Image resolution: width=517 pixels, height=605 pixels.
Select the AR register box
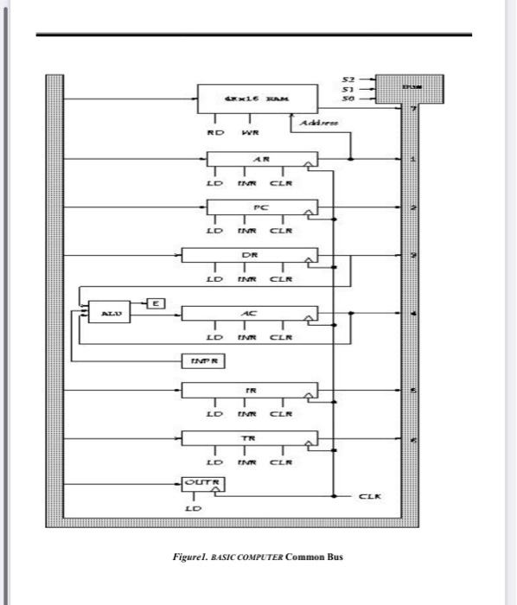tap(262, 161)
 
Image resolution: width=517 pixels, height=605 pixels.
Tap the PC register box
tap(262, 208)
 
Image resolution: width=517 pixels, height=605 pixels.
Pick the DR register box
tap(249, 256)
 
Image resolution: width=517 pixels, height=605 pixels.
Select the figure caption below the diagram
tap(258, 557)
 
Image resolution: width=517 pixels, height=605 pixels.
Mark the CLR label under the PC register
tap(282, 231)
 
